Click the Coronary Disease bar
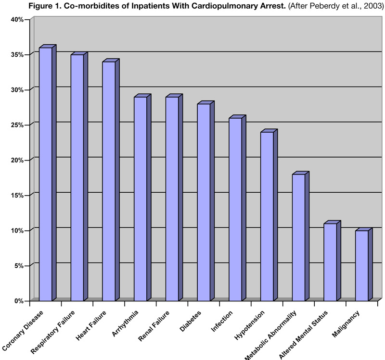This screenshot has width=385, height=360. pos(45,173)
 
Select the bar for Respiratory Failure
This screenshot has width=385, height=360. pos(77,177)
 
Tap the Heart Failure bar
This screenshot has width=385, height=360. pos(109,180)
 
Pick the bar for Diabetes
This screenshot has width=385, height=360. pos(204,201)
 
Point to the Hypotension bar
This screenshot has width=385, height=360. pos(267,215)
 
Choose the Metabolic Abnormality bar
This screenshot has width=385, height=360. pos(298,236)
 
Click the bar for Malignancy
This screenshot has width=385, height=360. pos(361,265)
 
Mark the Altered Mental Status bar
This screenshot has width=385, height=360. pos(330,261)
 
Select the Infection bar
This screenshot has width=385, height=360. pos(235,209)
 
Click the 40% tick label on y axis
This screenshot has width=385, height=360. pos(17,19)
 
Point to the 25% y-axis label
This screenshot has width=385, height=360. pos(17,125)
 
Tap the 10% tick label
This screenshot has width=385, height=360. pos(17,230)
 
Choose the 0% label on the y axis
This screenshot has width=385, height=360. pos(19,301)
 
